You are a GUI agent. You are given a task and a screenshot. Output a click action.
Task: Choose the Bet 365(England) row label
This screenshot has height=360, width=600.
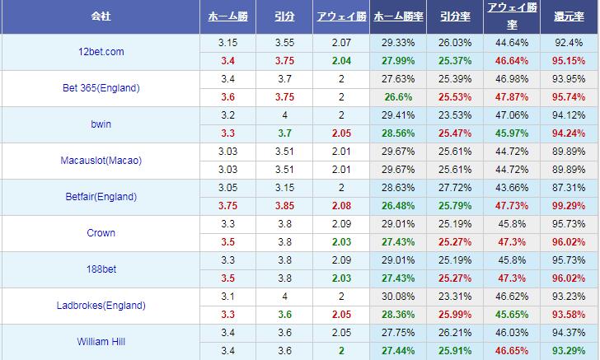click(101, 88)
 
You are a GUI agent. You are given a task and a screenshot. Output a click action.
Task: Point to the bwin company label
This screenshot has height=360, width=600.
click(100, 124)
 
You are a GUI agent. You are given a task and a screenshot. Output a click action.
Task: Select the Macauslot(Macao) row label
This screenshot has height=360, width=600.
click(101, 161)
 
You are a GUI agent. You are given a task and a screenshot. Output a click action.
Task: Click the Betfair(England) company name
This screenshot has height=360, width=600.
click(100, 197)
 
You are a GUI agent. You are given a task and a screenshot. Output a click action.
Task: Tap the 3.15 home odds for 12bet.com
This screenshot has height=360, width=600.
click(227, 43)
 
